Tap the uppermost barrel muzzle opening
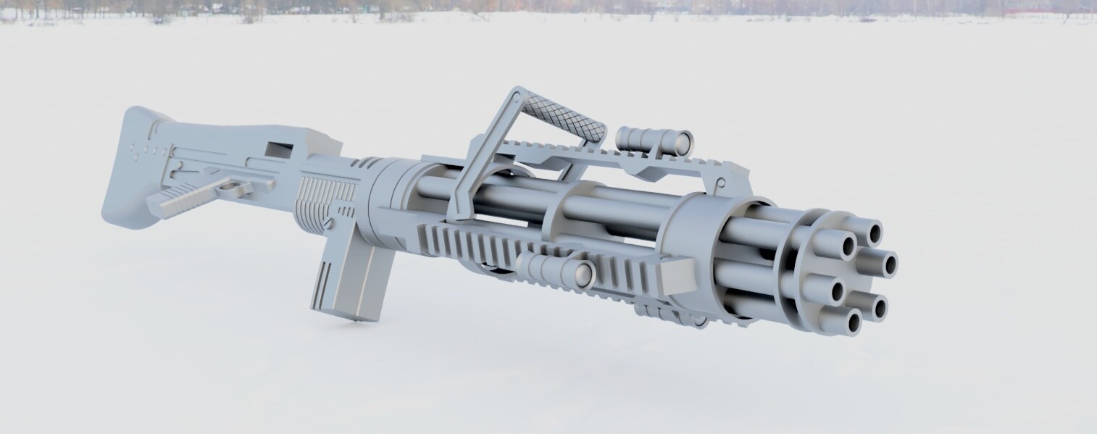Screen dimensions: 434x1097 click(875, 233)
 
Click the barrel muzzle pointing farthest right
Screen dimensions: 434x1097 click(887, 263)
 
